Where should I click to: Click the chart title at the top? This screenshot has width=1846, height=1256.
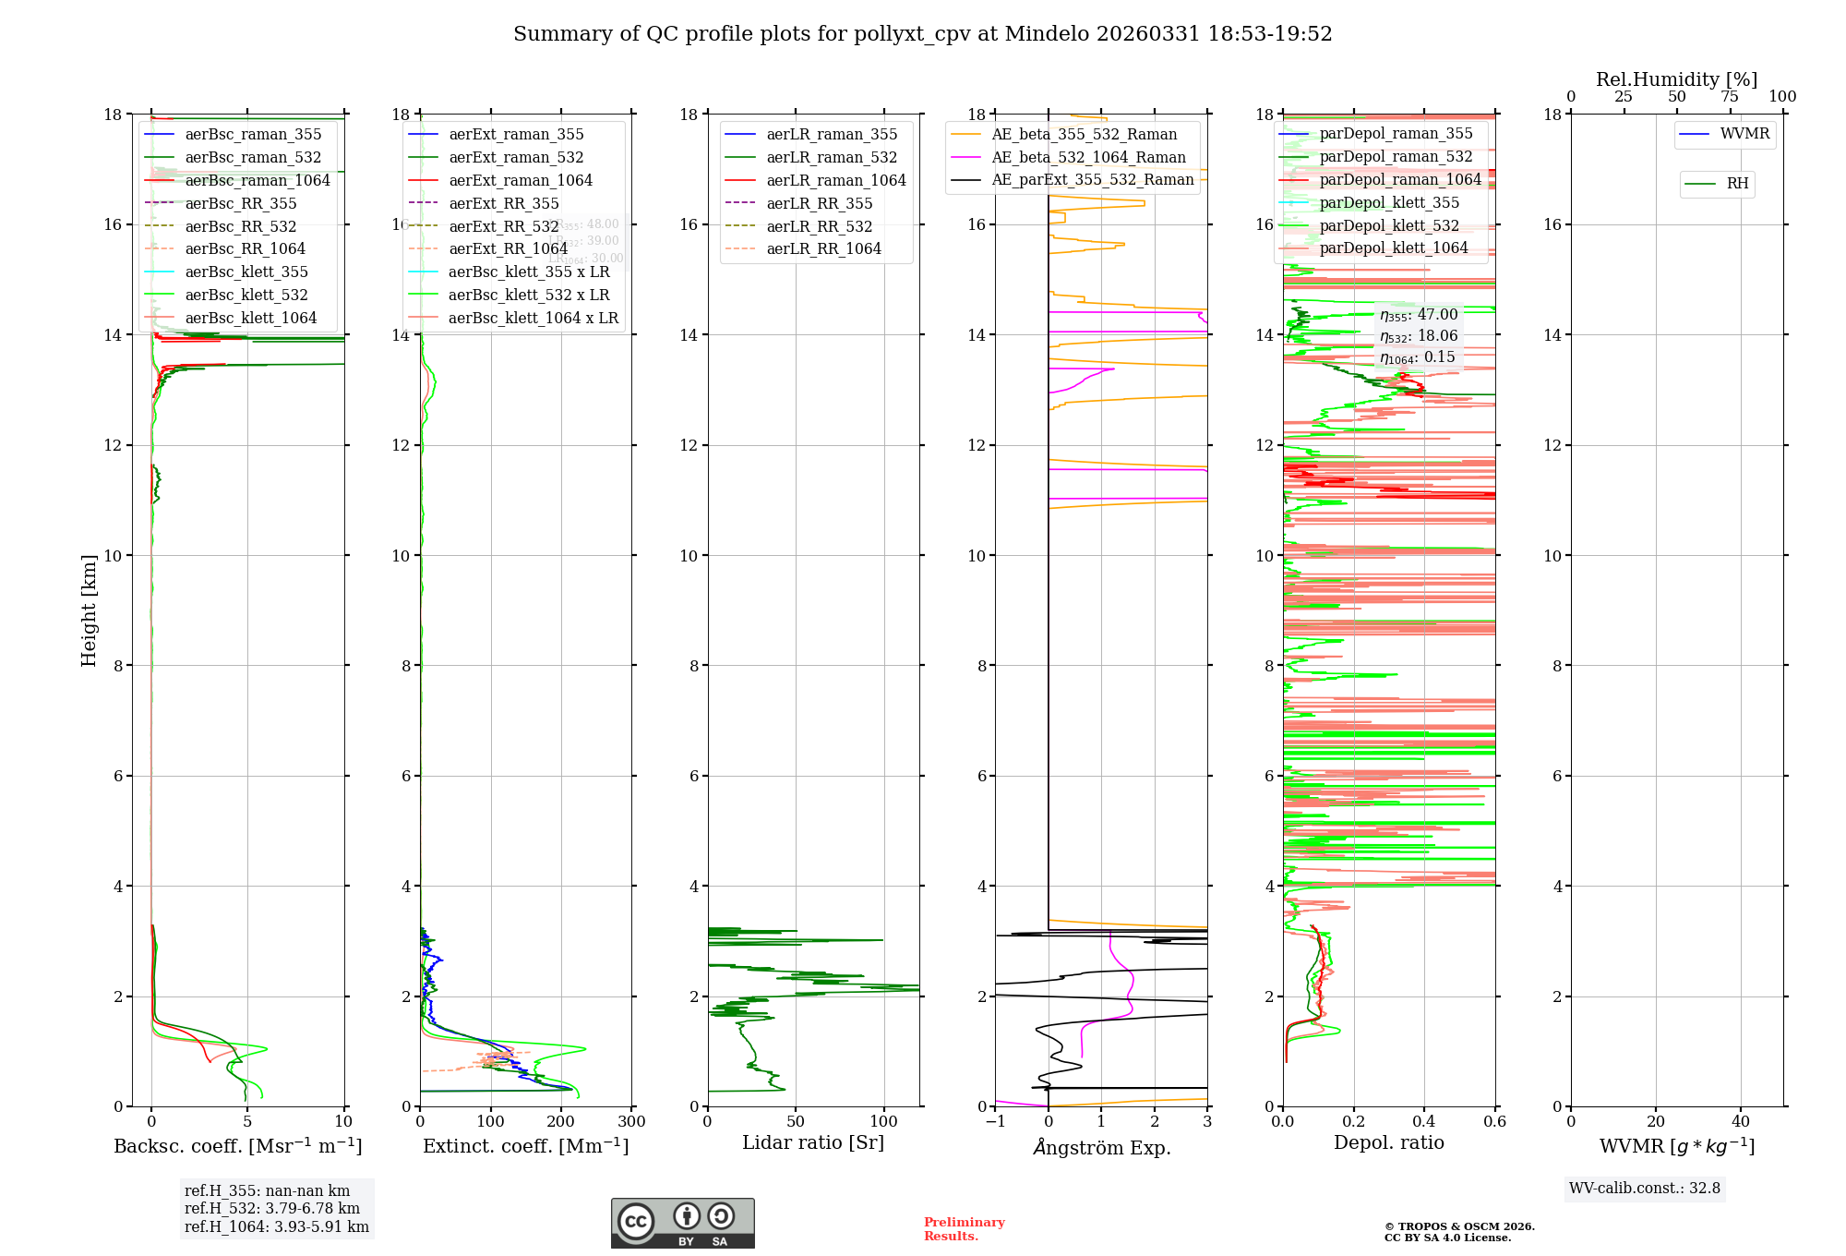[922, 34]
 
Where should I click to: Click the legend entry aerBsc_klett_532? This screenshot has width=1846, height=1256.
[246, 296]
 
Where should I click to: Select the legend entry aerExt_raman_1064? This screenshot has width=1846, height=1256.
[521, 181]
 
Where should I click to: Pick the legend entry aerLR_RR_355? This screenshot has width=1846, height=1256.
[819, 204]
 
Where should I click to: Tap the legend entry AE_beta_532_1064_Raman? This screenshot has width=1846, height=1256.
[1088, 158]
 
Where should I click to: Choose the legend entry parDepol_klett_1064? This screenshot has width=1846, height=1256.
[1393, 248]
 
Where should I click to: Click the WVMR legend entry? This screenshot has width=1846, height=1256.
[1744, 134]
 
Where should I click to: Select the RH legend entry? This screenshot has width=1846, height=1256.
[1736, 184]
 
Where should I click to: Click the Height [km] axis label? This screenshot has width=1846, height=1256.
[89, 610]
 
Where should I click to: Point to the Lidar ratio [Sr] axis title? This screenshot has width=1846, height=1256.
[813, 1143]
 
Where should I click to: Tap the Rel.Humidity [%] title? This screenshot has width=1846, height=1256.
[1676, 79]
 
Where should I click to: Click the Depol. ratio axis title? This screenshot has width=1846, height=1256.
[1388, 1143]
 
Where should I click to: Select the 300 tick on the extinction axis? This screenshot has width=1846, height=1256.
[632, 1122]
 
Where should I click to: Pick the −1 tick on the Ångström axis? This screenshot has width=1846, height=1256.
[995, 1122]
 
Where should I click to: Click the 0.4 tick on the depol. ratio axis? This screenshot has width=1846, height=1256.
[1424, 1122]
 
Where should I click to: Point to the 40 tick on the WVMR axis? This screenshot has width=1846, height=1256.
[1741, 1122]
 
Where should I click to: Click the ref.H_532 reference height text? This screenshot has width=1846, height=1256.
[272, 1209]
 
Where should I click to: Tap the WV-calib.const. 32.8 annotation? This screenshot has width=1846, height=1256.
[1644, 1189]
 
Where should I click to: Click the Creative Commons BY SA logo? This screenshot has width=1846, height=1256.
[682, 1224]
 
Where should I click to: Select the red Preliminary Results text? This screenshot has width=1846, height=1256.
[964, 1229]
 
